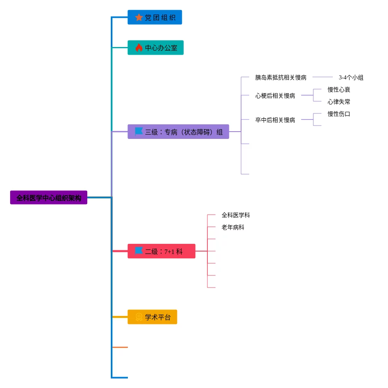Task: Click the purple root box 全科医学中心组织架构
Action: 49,198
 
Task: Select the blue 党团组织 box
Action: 155,17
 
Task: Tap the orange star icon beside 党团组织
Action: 139,17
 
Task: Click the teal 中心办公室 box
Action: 155,47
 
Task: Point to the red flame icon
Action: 139,47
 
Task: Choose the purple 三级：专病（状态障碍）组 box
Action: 178,132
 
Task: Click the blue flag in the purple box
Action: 139,131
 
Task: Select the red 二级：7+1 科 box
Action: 162,251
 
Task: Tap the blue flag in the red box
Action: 139,251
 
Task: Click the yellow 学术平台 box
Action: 152,317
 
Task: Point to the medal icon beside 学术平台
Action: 139,317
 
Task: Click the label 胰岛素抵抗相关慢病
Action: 280,77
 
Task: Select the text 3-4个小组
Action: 351,77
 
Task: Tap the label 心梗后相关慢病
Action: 275,96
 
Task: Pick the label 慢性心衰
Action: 338,90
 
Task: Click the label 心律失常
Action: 338,102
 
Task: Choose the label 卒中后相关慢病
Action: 275,120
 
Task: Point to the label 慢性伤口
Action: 338,114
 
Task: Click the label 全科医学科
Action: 235,215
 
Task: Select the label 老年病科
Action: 233,227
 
